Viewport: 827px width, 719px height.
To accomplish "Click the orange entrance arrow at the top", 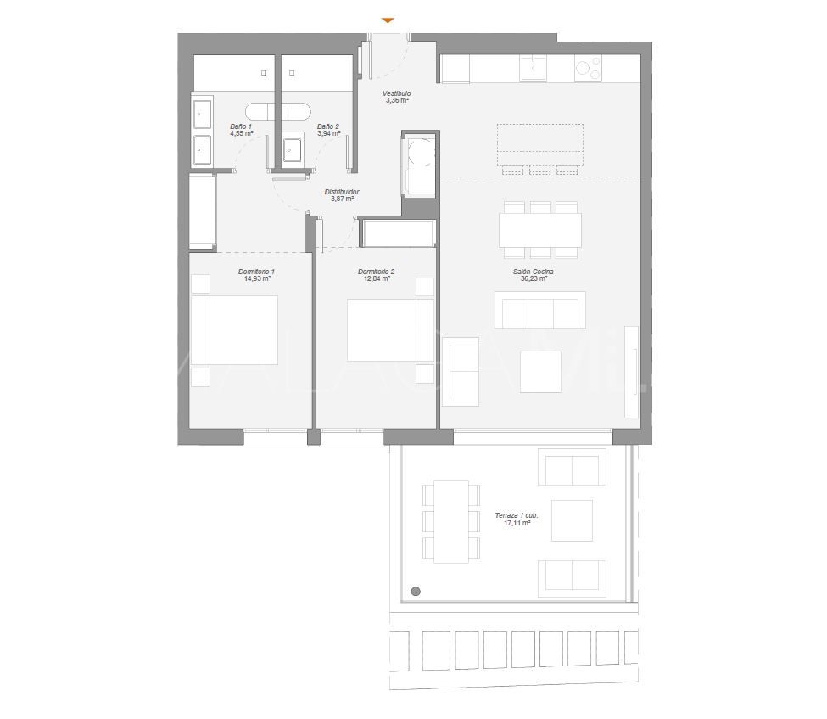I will coord(388,20).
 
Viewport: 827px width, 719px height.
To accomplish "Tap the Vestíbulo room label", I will coord(396,93).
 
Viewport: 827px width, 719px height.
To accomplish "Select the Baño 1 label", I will coord(241,126).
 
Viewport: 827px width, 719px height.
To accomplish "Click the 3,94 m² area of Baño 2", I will coord(329,133).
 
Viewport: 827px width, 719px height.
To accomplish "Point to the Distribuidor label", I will coord(342,192).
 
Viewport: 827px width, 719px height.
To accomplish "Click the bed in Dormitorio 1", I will coord(234,330).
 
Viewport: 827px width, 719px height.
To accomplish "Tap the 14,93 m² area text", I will coord(258,278).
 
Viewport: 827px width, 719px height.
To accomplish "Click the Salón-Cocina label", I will coord(534,271).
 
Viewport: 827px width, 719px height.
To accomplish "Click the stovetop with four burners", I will coord(587,68).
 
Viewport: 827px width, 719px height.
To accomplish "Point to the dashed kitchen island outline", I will coord(539,143).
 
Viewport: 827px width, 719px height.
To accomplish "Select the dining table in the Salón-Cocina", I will coord(540,229).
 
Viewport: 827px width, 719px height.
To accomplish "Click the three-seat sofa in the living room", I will coord(540,310).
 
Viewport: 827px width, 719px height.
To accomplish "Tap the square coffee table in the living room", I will coord(540,372).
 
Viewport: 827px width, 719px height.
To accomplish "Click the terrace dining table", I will coord(451,521).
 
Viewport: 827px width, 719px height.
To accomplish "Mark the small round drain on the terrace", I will coord(416,592).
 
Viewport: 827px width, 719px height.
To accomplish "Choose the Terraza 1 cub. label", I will coord(516,515).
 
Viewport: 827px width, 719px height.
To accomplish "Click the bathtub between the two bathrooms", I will coord(278,111).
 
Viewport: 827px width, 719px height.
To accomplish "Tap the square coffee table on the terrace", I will coord(572,520).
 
